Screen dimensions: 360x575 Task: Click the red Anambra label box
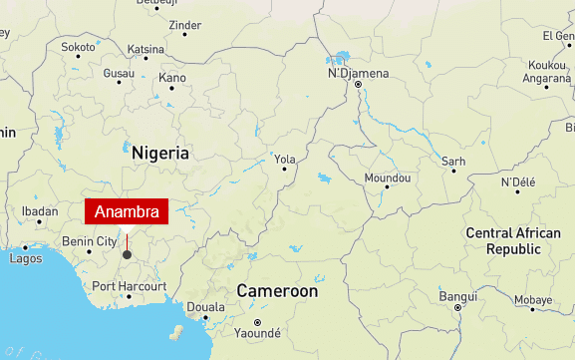(127, 212)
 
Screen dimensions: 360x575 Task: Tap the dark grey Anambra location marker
(127, 254)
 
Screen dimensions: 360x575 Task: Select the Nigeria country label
(159, 154)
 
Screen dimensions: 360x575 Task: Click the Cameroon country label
(277, 292)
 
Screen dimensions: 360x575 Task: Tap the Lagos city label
(25, 258)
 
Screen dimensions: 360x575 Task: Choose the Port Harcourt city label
(129, 286)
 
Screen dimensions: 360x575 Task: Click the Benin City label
(89, 241)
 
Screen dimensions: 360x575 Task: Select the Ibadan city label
(40, 211)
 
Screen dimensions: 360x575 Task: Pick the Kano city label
(172, 78)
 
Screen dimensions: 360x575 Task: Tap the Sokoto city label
(78, 47)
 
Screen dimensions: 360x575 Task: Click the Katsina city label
(145, 48)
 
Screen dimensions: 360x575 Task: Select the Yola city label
(285, 159)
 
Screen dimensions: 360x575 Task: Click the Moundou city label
(388, 177)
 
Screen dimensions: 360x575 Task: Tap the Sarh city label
(453, 161)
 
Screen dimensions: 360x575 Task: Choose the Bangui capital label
(458, 296)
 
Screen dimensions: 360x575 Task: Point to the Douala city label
(205, 307)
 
